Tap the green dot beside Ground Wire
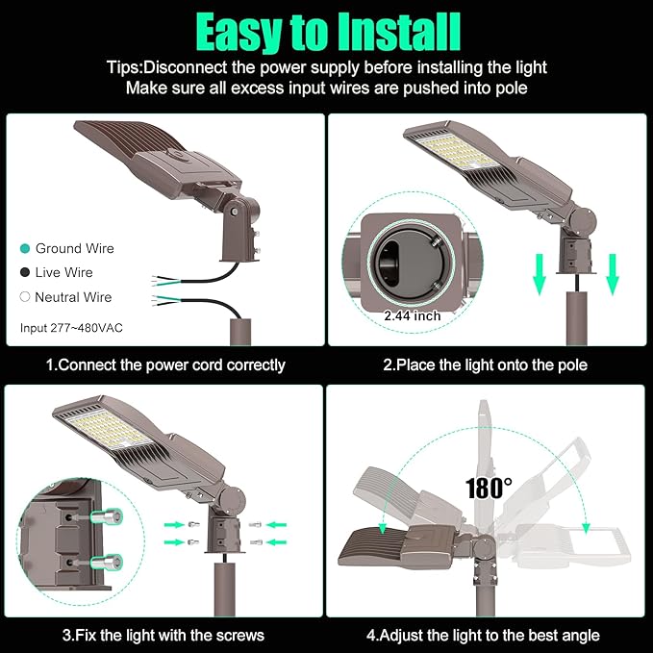pyautogui.click(x=25, y=249)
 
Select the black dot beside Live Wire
pyautogui.click(x=25, y=273)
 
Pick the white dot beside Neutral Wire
pyautogui.click(x=25, y=297)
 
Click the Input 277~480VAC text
pyautogui.click(x=71, y=328)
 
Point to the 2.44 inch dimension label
pyautogui.click(x=413, y=315)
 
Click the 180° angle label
pyautogui.click(x=489, y=487)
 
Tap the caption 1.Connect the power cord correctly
pyautogui.click(x=165, y=365)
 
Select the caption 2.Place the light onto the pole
pyautogui.click(x=486, y=365)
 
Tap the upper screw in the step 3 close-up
pyautogui.click(x=99, y=518)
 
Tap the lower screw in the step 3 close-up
pyautogui.click(x=99, y=562)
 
